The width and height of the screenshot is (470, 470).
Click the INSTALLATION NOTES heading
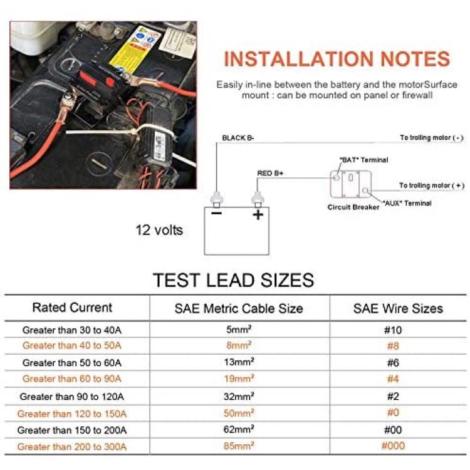pos(337,59)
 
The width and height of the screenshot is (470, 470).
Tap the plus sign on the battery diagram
pos(258,214)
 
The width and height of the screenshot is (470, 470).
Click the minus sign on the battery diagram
pos(216,213)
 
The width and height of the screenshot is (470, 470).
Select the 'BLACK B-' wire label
pos(238,138)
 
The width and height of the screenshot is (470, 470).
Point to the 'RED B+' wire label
pos(270,173)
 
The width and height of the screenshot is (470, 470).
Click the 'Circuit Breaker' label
pos(353,207)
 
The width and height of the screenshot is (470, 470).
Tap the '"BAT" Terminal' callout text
pos(363,160)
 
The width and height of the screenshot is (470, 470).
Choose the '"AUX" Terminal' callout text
pos(407,203)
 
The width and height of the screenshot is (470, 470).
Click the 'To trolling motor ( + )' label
pos(432,185)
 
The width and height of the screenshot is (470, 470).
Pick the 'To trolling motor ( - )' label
pos(432,138)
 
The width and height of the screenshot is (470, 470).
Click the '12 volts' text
pos(159,230)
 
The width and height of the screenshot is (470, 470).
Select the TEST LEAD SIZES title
pos(234,280)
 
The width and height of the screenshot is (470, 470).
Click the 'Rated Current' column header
pos(72,308)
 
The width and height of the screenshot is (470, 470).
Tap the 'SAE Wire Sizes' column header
pos(398,308)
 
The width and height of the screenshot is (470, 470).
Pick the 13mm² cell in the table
pos(239,362)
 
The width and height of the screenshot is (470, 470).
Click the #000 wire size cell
pos(393,446)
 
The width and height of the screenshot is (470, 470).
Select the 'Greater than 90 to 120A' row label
pos(71,397)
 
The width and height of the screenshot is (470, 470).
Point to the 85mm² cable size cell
pos(239,446)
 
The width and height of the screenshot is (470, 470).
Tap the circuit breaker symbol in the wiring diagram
pos(351,184)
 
